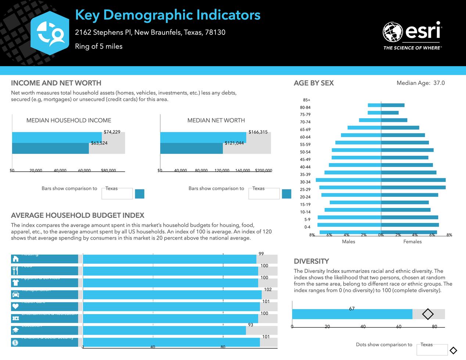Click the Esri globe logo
click(x=393, y=32)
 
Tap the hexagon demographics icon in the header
click(x=50, y=33)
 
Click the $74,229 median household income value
click(x=112, y=132)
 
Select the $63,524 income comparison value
click(x=99, y=143)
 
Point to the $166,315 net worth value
click(x=258, y=132)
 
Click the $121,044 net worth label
click(x=234, y=143)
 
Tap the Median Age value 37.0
click(x=439, y=83)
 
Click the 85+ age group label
click(x=307, y=100)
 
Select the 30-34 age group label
click(x=305, y=182)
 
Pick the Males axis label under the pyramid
click(x=348, y=241)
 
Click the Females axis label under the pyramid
click(x=412, y=241)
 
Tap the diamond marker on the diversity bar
click(x=428, y=314)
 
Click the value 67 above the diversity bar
click(x=352, y=309)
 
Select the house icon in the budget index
click(x=15, y=259)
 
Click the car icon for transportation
click(x=15, y=295)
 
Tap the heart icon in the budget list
click(x=15, y=306)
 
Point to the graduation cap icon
click(x=15, y=331)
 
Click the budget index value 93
click(x=251, y=325)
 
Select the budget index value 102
click(x=268, y=289)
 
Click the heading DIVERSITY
click(x=311, y=261)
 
